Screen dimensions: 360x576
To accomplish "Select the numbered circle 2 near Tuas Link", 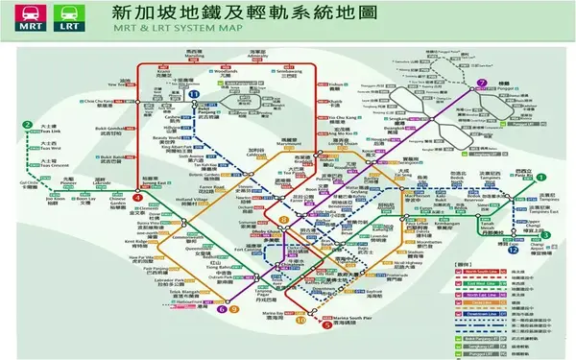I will [x=29, y=126].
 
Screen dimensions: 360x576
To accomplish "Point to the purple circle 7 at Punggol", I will [x=482, y=83].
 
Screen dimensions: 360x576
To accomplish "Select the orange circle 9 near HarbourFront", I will [x=233, y=309].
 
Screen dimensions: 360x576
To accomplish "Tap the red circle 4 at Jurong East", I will [x=138, y=197].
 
